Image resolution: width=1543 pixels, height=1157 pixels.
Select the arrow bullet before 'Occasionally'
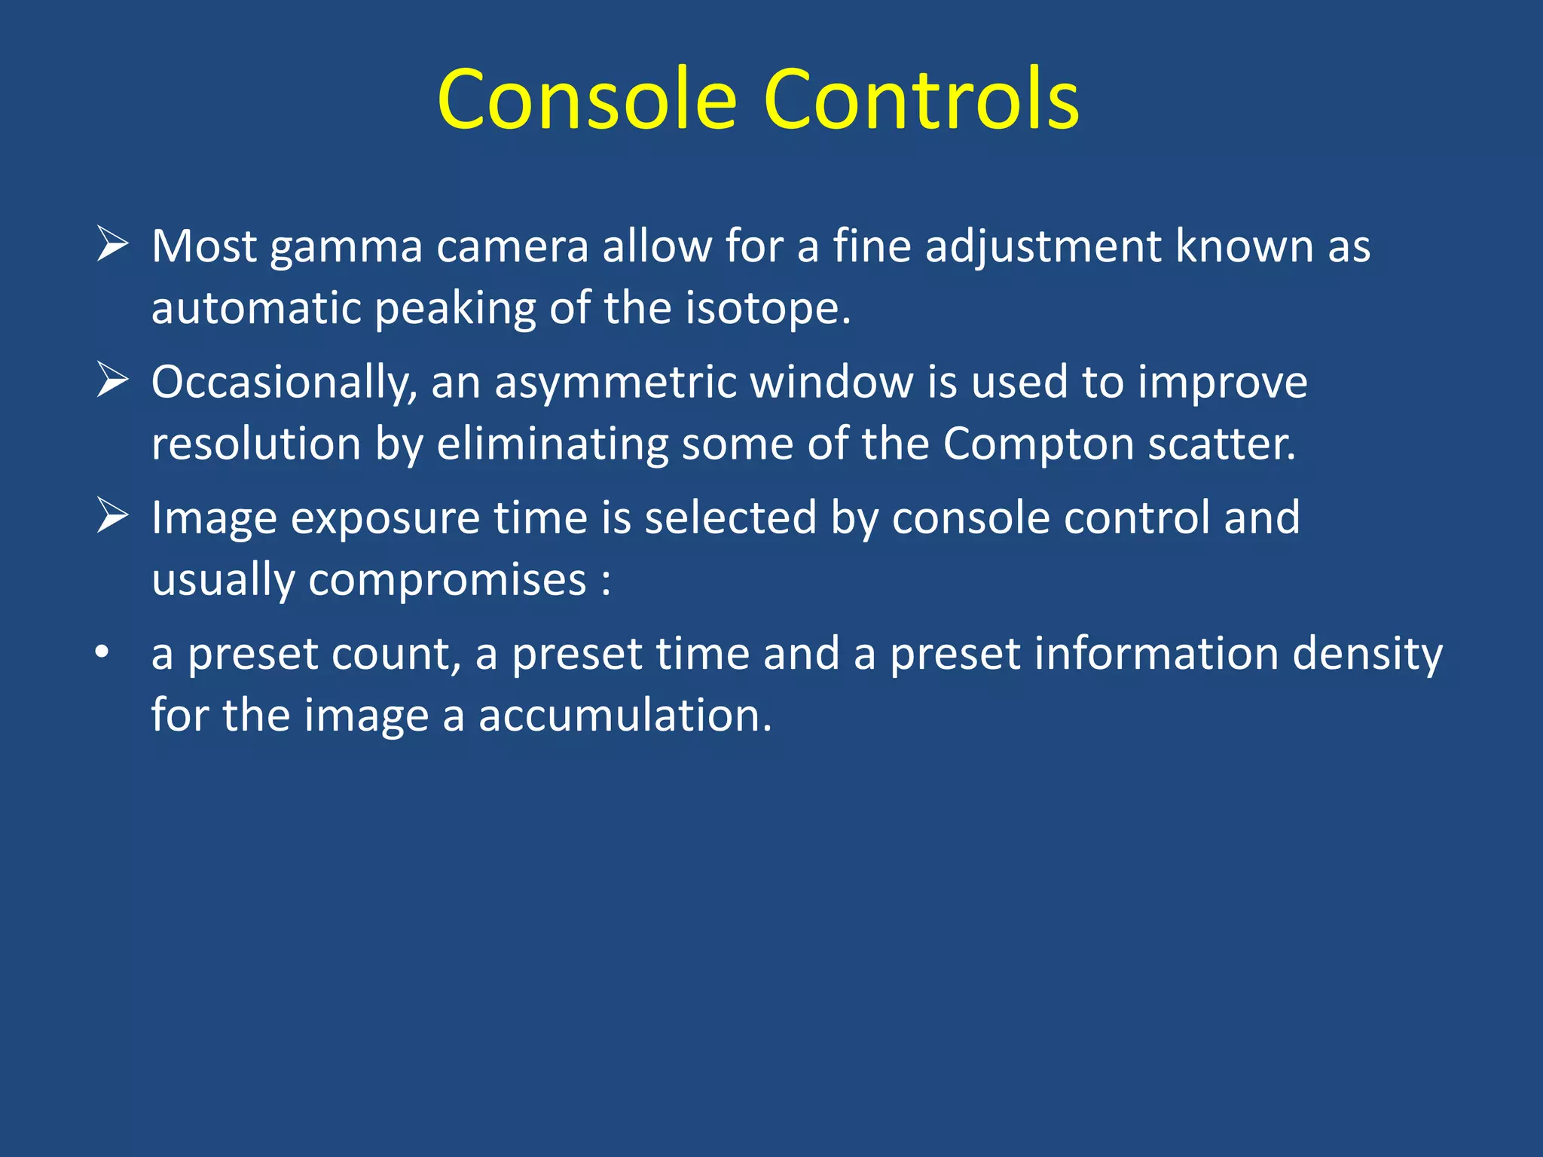(x=112, y=380)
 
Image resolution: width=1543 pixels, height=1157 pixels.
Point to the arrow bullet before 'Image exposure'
(x=112, y=517)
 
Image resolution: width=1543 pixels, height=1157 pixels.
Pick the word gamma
(x=346, y=249)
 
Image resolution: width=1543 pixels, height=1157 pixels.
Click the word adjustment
(x=1043, y=249)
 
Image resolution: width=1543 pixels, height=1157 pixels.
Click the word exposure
(x=385, y=520)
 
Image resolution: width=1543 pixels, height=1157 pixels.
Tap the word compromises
(x=447, y=582)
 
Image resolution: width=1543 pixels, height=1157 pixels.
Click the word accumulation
(x=625, y=716)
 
